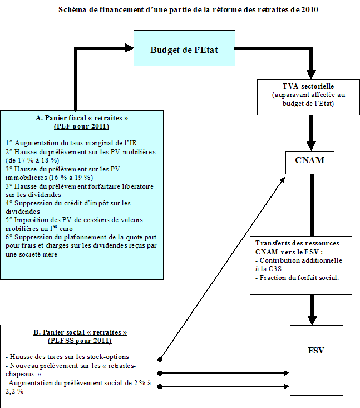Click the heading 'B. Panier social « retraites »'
click(80, 332)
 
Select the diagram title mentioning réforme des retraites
click(180, 10)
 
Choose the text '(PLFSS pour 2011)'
click(80, 340)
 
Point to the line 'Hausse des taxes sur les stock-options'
click(66, 357)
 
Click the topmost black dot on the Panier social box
click(160, 360)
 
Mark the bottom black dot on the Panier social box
click(160, 386)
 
